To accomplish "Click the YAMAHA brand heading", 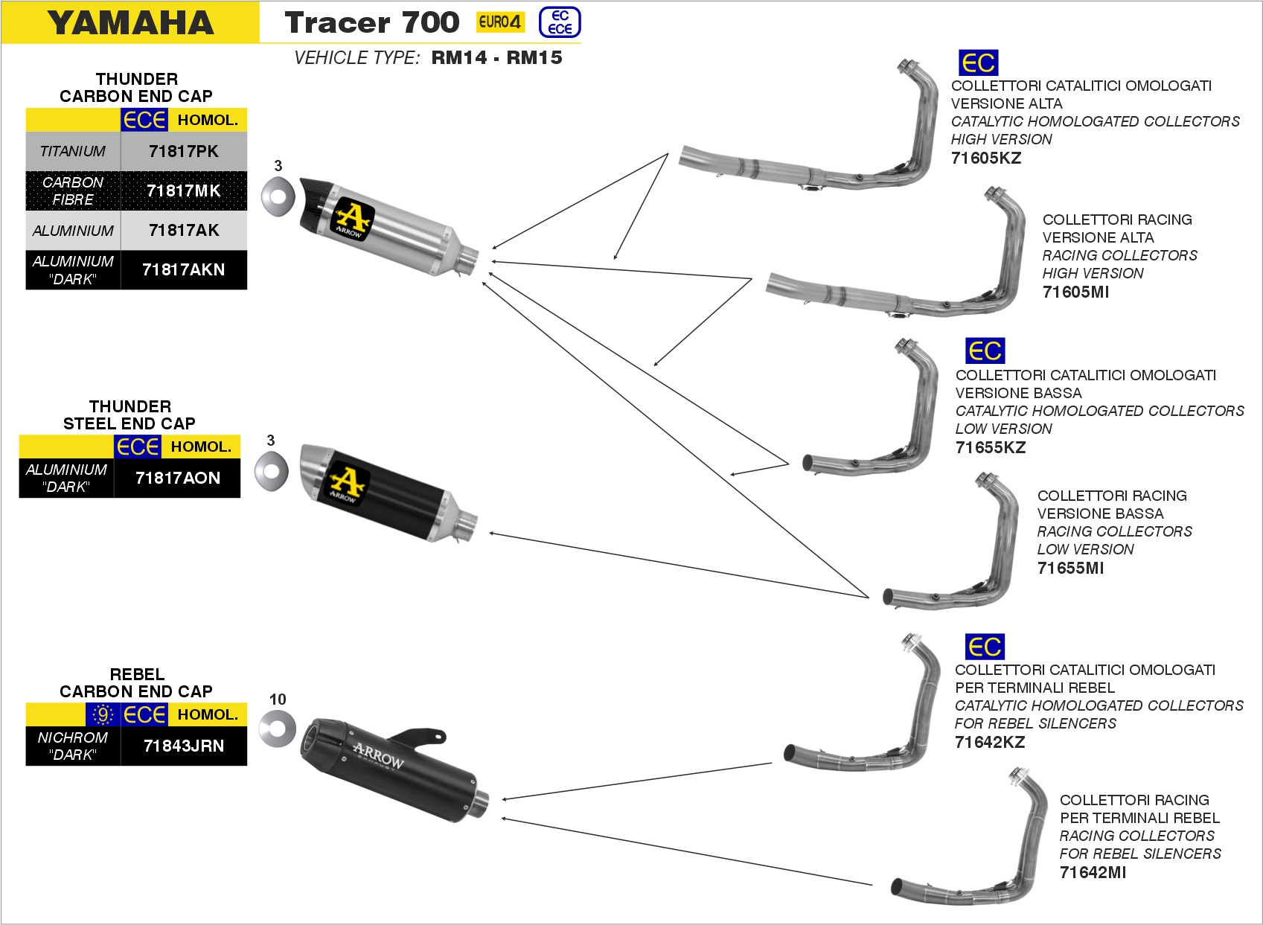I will (131, 23).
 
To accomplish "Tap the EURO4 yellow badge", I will (499, 22).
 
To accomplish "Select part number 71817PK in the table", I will (183, 152).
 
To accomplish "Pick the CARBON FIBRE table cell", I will (73, 191).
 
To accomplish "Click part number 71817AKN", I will (183, 270).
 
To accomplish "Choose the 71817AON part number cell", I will (177, 478).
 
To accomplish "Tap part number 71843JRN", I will (183, 746).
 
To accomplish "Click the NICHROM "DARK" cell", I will (73, 746).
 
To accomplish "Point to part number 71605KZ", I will (985, 158).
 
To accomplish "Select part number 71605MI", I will (1075, 292).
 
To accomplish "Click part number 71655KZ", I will (990, 447).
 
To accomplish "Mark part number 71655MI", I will (1070, 568).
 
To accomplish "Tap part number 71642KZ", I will (989, 742).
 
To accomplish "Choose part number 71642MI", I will (1093, 872).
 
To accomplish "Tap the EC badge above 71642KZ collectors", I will (984, 647).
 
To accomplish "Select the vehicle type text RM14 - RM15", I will (496, 58).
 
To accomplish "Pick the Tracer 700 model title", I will (371, 23).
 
